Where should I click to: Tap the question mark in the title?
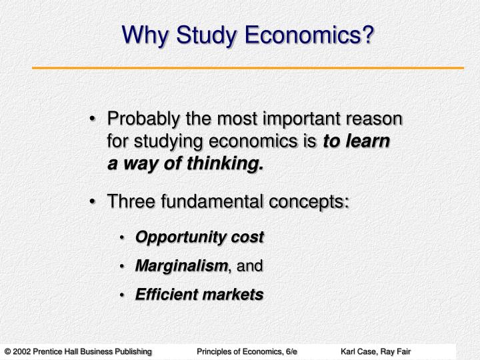click(367, 34)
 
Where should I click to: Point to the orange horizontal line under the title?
click(248, 68)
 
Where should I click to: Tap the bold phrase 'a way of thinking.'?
click(185, 163)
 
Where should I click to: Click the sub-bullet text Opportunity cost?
click(199, 237)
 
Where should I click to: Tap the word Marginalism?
click(181, 266)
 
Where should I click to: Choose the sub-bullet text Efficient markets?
click(199, 294)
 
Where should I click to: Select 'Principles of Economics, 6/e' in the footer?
click(247, 351)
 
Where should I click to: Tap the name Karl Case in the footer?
click(358, 351)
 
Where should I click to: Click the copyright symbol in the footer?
click(7, 351)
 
